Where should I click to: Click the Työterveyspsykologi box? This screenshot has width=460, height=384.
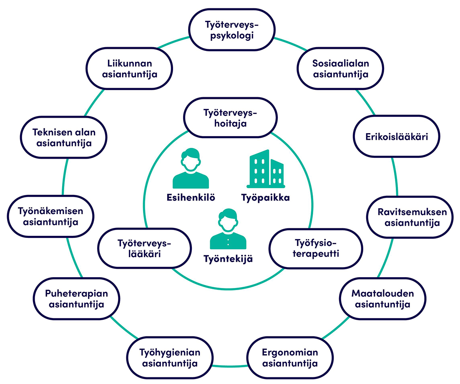(232, 30)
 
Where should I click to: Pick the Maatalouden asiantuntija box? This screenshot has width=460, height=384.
(382, 298)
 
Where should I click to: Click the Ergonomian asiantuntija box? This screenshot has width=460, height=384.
(290, 358)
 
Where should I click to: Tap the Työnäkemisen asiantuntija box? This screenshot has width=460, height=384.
(51, 216)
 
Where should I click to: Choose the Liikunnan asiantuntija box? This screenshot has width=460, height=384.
(129, 69)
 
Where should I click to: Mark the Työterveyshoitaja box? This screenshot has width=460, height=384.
(231, 118)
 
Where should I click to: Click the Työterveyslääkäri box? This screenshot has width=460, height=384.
(144, 248)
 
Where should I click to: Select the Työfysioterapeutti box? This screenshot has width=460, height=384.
(315, 248)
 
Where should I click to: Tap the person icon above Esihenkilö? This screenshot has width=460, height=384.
(190, 169)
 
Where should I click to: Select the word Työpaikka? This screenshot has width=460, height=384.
(265, 198)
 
